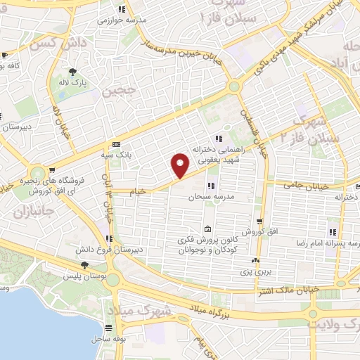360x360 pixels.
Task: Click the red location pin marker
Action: point(181,165)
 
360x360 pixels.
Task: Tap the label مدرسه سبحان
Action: point(210,198)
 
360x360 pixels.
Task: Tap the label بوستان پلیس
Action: point(84,276)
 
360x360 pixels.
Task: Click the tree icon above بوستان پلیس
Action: point(84,265)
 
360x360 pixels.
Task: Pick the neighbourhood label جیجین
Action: point(117,91)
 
